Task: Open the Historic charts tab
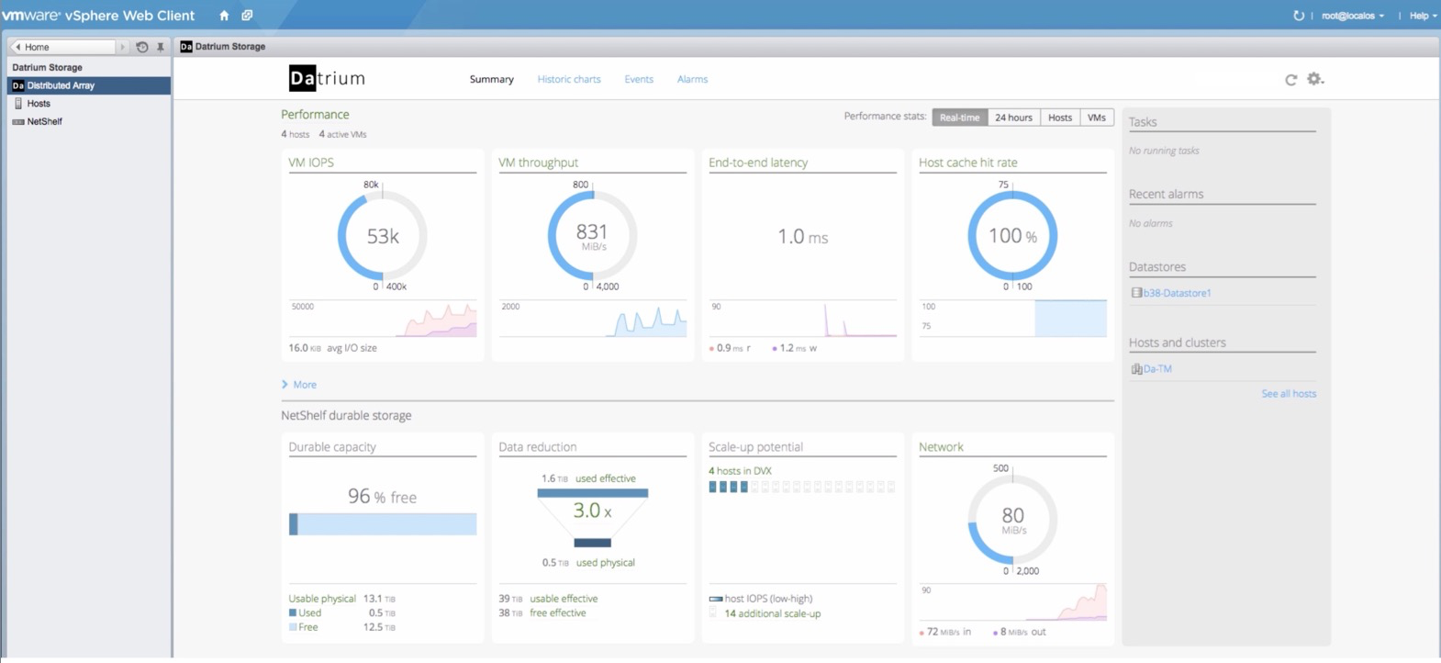coord(569,79)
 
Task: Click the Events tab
coord(639,79)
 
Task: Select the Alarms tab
coord(692,79)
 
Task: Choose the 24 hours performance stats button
coord(1013,118)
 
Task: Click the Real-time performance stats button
coord(959,118)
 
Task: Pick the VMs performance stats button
coord(1096,118)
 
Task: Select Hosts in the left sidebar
coord(38,103)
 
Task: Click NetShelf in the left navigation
coord(44,121)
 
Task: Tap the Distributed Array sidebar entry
coord(61,85)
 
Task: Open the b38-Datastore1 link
coord(1177,293)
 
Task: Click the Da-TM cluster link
coord(1157,369)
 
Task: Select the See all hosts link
coord(1289,393)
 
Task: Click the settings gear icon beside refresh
coord(1315,79)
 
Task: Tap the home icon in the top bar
coord(224,16)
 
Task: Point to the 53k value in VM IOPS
coord(383,236)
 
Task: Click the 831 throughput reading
coord(592,231)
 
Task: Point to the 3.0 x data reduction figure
coord(592,511)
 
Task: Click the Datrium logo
coord(327,79)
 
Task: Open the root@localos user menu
coord(1352,16)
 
